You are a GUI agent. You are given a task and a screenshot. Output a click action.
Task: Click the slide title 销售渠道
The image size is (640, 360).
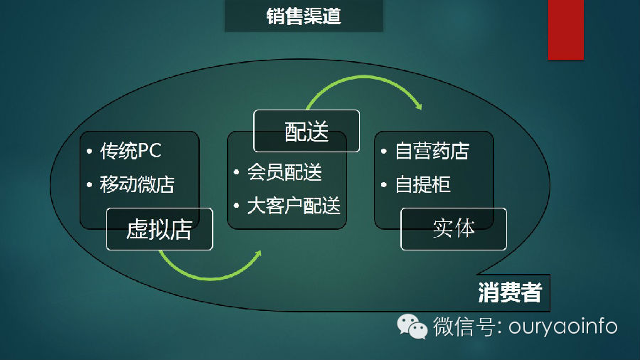(304, 16)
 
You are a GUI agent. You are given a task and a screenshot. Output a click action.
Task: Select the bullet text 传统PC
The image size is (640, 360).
(131, 151)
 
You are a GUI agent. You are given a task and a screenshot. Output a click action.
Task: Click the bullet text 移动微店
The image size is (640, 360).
(137, 185)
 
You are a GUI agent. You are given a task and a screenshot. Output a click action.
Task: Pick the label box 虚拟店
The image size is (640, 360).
(159, 229)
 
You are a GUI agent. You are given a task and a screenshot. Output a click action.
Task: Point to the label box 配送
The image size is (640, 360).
(306, 131)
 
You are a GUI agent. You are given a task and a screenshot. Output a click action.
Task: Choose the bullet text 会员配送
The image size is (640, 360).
(284, 172)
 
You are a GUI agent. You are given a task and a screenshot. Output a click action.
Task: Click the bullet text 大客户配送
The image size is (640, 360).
(294, 206)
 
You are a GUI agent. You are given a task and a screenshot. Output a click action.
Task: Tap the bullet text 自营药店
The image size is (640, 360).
(432, 151)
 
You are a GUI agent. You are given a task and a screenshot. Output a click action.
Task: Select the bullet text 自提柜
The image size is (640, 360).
(423, 185)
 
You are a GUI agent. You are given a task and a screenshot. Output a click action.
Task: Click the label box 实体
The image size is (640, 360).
(454, 229)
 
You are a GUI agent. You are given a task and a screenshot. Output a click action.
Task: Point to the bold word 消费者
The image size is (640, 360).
(509, 292)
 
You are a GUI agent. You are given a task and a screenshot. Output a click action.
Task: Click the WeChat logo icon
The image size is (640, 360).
(412, 326)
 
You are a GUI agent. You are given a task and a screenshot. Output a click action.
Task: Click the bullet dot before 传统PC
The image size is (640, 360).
(89, 152)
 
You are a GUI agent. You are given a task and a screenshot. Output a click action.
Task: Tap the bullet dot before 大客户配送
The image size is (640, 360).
(237, 207)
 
